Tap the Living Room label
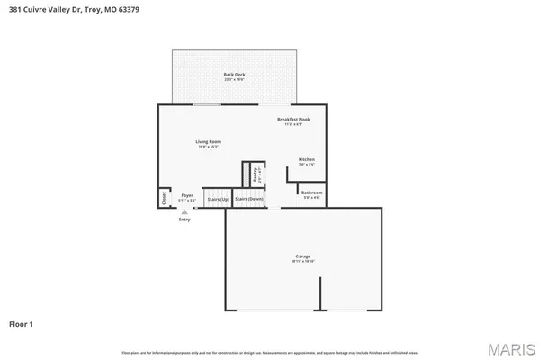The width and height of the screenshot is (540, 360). pos(209,141)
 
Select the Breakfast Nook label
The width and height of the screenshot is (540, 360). pos(287,120)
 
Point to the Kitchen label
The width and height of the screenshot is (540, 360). pos(307,159)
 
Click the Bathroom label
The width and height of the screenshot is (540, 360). pos(312,193)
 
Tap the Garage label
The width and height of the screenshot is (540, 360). pos(303,256)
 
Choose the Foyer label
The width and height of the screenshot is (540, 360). pos(187,195)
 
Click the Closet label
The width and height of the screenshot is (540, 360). pos(164,197)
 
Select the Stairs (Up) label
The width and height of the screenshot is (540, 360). pos(217,198)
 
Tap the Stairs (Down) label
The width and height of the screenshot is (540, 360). pos(249,198)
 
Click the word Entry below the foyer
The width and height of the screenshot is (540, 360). pos(184,220)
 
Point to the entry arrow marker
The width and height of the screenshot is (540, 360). pos(184,211)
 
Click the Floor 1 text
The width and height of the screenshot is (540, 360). pos(22,322)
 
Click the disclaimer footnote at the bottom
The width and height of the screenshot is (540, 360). pos(270,351)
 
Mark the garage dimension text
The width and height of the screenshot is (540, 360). pos(303,261)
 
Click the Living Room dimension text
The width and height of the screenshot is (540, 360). pos(209,146)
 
